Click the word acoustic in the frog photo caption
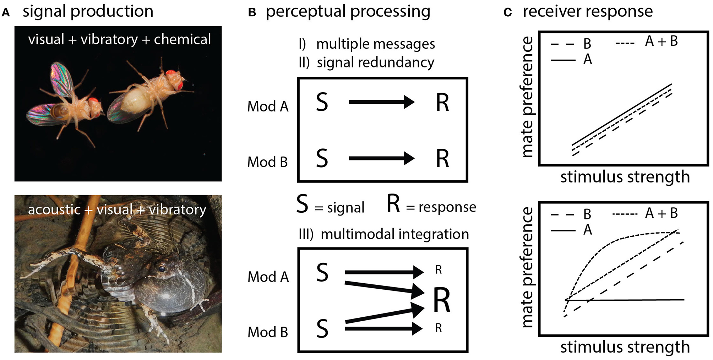coord(54,209)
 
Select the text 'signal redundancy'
coord(375,62)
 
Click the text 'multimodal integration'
coord(394,234)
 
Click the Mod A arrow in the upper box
coord(381,102)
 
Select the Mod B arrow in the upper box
coord(381,158)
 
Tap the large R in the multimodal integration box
coord(442,300)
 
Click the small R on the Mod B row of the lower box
coord(439,328)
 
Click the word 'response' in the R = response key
coord(447,207)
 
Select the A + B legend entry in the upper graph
coord(661,41)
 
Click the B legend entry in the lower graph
coord(587,214)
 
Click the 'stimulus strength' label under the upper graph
coord(625,177)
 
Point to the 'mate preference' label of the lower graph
coord(528,267)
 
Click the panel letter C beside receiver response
coord(508,13)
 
